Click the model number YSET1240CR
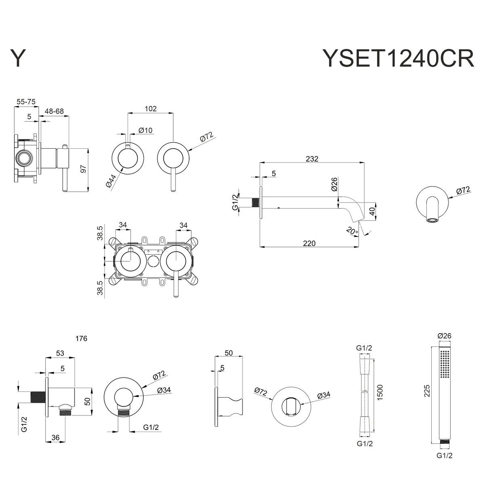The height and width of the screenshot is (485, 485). [x=398, y=59]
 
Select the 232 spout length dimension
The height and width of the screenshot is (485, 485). [x=312, y=158]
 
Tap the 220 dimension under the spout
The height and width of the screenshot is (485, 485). [x=309, y=243]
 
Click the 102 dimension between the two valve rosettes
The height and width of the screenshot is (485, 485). [x=150, y=109]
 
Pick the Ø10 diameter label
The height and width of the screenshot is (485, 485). [x=145, y=130]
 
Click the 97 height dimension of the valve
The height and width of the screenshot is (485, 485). [x=84, y=169]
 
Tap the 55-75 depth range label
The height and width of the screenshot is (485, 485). [x=26, y=102]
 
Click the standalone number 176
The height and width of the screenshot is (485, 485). [x=81, y=339]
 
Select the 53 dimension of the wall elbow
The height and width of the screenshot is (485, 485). [x=60, y=353]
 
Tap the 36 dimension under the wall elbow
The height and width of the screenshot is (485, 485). [x=56, y=437]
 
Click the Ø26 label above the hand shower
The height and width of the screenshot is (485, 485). [x=445, y=335]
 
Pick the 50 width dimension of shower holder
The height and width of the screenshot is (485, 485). [x=228, y=353]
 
